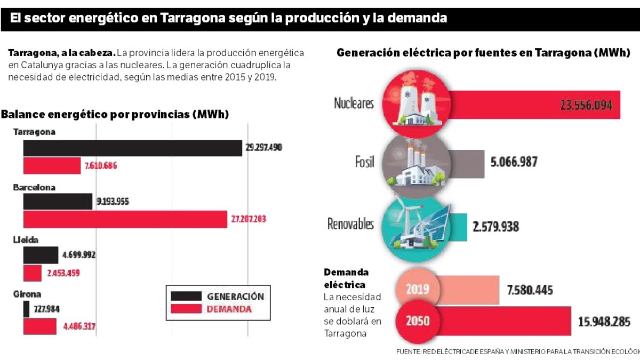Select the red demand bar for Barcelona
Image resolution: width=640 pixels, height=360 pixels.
click(x=125, y=219)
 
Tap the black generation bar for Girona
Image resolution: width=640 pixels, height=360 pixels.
click(x=26, y=309)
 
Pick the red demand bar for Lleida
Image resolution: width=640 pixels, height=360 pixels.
click(x=32, y=273)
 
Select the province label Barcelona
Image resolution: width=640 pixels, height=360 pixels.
click(x=34, y=188)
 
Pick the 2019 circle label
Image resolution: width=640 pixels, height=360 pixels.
click(x=418, y=290)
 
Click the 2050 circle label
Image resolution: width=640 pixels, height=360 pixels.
click(x=418, y=322)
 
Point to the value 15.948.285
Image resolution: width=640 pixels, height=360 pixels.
click(x=604, y=322)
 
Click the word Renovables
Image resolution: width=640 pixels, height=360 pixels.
click(x=350, y=224)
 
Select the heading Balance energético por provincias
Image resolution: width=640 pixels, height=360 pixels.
click(x=115, y=115)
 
